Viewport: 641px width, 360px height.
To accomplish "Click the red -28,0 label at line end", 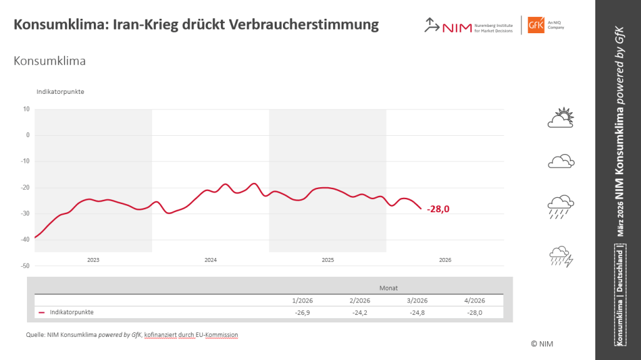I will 438,209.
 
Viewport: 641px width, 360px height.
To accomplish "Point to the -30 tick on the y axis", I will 26,213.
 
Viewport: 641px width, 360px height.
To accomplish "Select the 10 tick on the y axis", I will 27,109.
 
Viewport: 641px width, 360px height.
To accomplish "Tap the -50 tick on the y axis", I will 26,266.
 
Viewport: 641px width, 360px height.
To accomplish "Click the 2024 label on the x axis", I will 210,260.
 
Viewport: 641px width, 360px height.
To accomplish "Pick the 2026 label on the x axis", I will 445,260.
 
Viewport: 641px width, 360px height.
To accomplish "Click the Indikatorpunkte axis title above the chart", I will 60,92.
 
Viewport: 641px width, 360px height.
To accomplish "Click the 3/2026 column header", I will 417,301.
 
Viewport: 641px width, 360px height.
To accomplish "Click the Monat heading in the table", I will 388,288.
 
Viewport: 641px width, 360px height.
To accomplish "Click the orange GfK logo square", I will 536,25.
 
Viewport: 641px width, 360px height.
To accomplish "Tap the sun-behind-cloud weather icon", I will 561,118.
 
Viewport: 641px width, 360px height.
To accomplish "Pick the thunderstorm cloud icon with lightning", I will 561,257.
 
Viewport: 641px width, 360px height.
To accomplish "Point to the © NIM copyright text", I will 541,344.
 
